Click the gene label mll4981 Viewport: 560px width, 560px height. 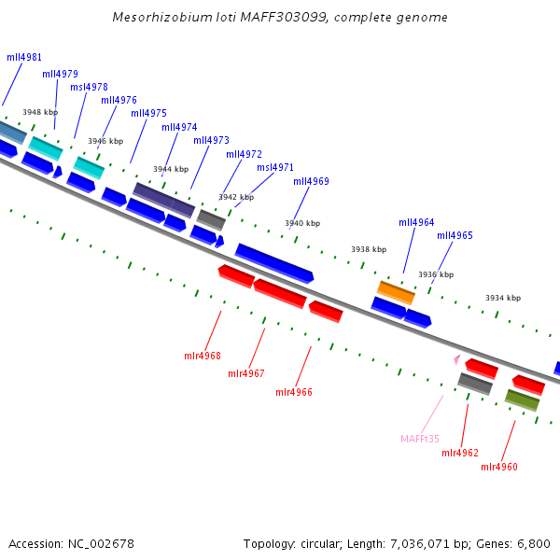24,57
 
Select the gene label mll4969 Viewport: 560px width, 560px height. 311,182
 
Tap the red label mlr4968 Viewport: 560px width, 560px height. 203,356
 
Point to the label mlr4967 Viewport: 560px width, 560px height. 246,373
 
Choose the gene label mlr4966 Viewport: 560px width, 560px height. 294,392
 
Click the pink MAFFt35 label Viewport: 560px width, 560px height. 420,439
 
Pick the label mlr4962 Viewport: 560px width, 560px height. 460,453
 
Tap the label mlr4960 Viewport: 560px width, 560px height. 499,467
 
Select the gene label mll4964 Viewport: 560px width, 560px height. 416,222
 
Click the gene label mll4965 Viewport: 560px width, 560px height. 455,235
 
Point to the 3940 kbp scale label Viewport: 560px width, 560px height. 302,224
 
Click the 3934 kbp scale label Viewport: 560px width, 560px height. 503,298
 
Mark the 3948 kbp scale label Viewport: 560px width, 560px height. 40,112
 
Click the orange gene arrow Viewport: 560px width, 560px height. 396,292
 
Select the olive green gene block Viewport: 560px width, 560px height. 522,400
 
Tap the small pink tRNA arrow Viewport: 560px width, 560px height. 456,359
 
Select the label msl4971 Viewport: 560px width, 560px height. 275,167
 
